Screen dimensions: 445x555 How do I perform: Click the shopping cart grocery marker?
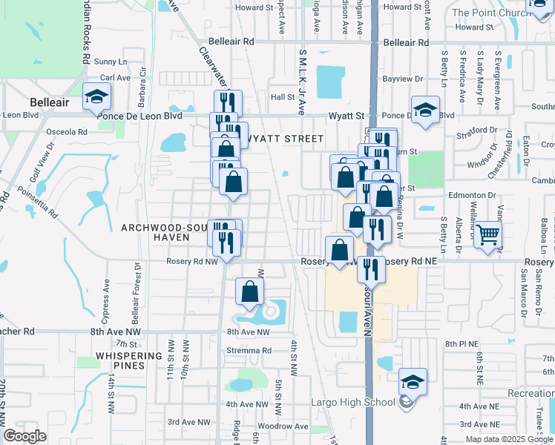tap(487, 235)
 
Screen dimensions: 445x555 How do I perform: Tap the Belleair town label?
tap(50, 102)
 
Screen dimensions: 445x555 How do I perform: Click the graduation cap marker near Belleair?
tap(97, 98)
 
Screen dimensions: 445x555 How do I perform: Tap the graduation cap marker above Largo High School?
tap(413, 381)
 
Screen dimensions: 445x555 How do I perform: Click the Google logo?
tap(25, 436)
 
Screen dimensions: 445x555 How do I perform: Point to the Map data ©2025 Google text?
tap(509, 439)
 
